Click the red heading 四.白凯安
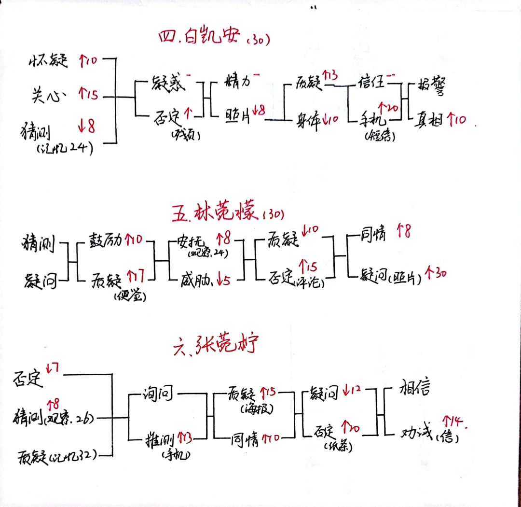point(199,38)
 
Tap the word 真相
point(430,119)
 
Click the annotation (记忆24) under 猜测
point(65,149)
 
